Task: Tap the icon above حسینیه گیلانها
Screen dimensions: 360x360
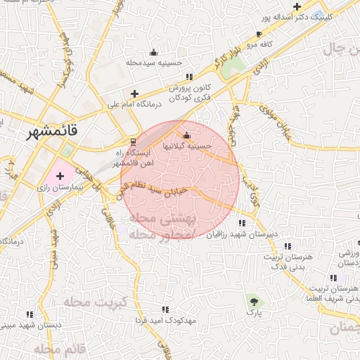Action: [186, 136]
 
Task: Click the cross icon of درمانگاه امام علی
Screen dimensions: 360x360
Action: [134, 94]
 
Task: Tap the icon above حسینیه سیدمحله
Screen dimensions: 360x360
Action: [154, 52]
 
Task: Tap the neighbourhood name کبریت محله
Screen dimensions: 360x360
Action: [94, 302]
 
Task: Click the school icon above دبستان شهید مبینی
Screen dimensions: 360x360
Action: [29, 314]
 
